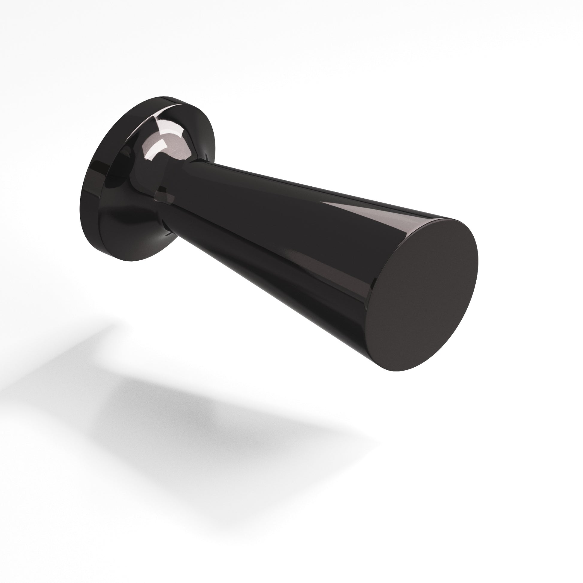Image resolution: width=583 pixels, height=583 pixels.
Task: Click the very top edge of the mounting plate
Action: (x=160, y=97)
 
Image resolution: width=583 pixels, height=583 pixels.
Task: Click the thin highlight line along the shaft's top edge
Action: (x=302, y=184)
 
